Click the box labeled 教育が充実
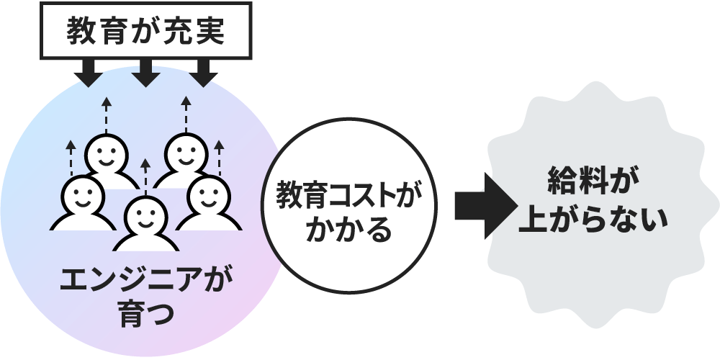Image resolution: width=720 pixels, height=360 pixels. click(x=146, y=32)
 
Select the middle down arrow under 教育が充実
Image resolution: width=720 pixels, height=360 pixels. click(x=146, y=72)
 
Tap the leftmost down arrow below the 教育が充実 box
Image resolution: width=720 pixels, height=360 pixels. click(x=88, y=72)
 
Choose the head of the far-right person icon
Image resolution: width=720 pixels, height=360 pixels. click(x=210, y=196)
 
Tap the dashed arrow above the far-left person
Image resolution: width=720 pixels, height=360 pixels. click(x=71, y=158)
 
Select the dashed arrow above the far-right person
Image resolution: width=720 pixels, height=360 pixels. click(x=220, y=158)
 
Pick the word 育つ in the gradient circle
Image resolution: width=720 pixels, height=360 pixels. click(x=145, y=315)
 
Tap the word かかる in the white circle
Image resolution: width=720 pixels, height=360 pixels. click(x=348, y=230)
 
